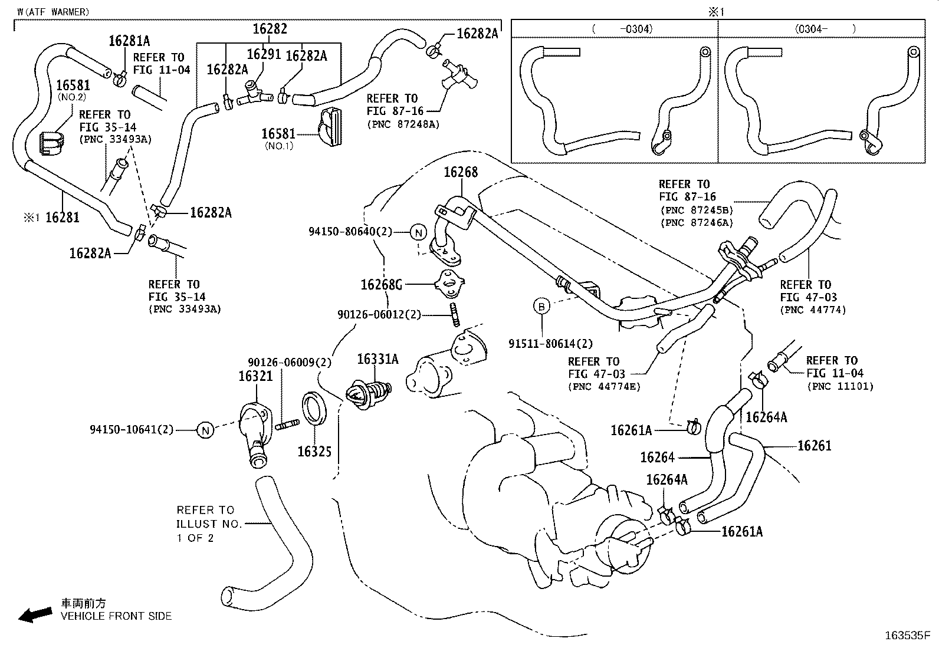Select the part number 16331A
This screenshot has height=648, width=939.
(377, 358)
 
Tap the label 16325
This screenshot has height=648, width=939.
(314, 452)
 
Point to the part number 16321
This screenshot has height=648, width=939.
(255, 376)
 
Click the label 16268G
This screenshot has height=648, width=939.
(381, 285)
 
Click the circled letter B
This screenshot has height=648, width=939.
(541, 306)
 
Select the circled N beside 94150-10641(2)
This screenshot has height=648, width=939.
(205, 430)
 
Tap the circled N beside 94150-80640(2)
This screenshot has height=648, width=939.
(418, 232)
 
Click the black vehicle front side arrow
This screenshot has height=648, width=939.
(34, 616)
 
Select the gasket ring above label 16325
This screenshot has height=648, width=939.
(313, 407)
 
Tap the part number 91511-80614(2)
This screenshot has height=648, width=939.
(550, 343)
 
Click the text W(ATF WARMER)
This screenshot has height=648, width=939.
(53, 12)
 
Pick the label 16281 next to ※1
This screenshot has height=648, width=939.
(62, 217)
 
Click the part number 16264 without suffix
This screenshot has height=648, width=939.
(657, 457)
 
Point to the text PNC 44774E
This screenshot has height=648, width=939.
(604, 387)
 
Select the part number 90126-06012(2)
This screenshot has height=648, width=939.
(379, 314)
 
